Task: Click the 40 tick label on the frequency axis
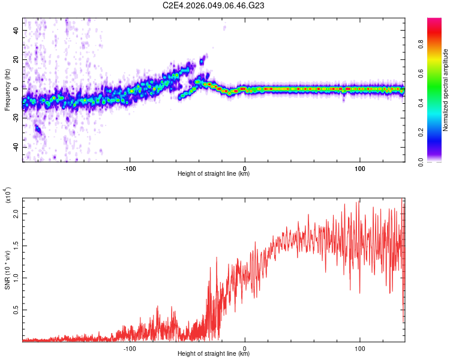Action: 15,30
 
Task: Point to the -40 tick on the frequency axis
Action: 14,147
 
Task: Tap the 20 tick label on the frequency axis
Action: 15,59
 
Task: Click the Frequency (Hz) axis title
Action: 7,90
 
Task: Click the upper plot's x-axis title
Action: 214,174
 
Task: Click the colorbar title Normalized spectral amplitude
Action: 446,90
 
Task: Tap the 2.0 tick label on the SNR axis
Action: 15,213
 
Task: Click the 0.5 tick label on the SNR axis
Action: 15,310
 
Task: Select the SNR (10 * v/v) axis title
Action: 7,267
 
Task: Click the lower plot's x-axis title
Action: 214,354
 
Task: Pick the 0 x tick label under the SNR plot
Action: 245,347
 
